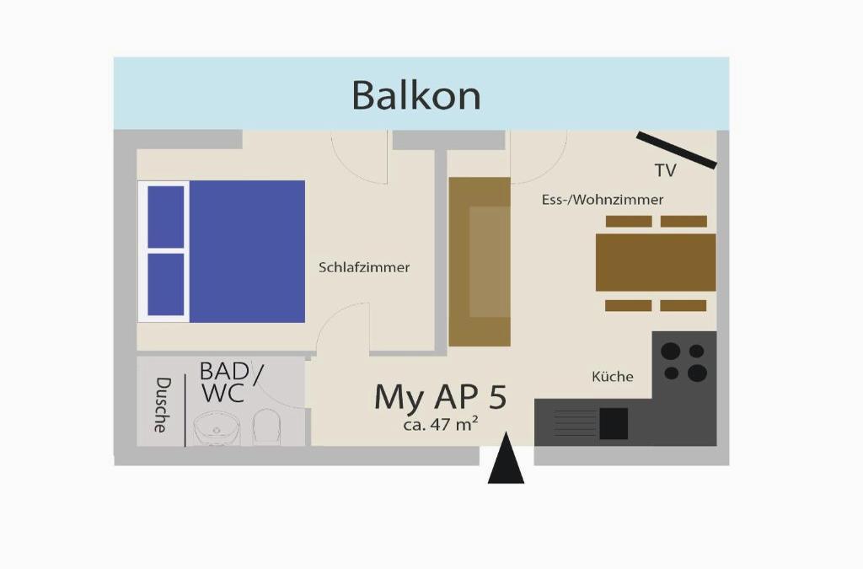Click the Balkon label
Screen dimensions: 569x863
pyautogui.click(x=415, y=95)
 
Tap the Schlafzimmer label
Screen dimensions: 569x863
pyautogui.click(x=364, y=267)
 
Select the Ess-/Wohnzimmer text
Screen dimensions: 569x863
pyautogui.click(x=603, y=200)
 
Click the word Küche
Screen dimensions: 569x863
pyautogui.click(x=613, y=376)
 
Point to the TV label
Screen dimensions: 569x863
pyautogui.click(x=665, y=170)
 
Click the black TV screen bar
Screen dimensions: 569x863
pyautogui.click(x=677, y=150)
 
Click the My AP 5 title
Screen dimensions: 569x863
pyautogui.click(x=441, y=396)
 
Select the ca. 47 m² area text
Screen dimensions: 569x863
pyautogui.click(x=441, y=424)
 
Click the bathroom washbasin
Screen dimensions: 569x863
pyautogui.click(x=217, y=429)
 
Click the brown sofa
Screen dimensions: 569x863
pyautogui.click(x=480, y=261)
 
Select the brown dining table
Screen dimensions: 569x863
pyautogui.click(x=656, y=262)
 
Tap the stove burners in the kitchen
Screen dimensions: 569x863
pyautogui.click(x=683, y=362)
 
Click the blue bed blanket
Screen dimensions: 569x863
pyautogui.click(x=246, y=251)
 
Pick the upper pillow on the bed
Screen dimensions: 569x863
pyautogui.click(x=166, y=217)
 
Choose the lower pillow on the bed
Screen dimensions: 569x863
pyautogui.click(x=166, y=284)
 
